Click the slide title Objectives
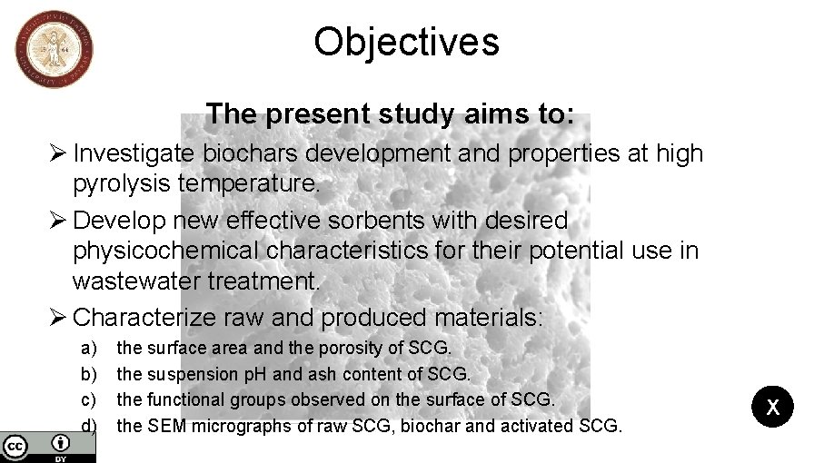pos(406,42)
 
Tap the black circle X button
pos(772,407)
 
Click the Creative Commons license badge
pos(47,446)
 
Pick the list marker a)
pos(90,348)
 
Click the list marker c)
pos(90,399)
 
